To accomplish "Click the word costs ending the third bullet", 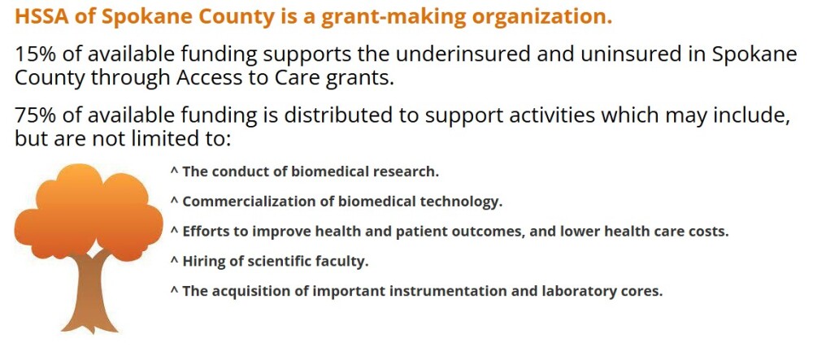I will point(709,231).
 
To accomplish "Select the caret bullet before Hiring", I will point(174,260).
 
